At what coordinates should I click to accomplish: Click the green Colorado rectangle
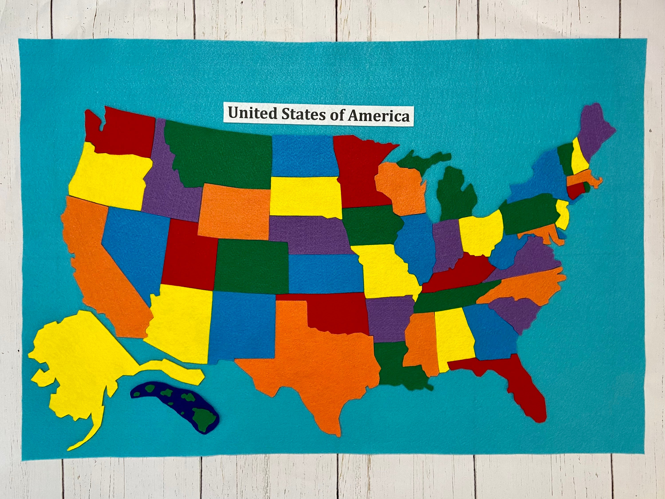251,266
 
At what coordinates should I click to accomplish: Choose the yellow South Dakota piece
305,195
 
